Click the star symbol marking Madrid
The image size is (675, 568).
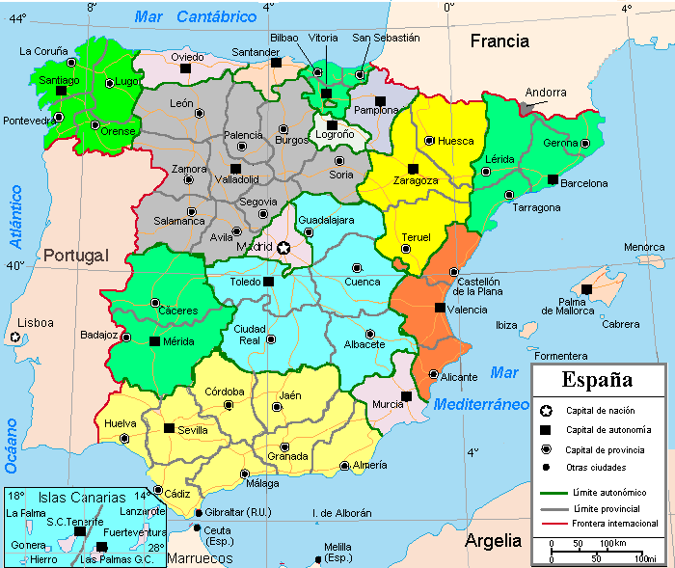tap(283, 248)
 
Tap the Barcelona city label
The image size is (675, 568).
tap(584, 183)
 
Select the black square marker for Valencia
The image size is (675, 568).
tap(440, 309)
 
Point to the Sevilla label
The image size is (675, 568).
tap(193, 430)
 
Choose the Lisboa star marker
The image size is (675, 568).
tap(14, 338)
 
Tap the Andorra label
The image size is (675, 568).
tap(545, 94)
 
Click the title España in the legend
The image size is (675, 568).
tap(598, 379)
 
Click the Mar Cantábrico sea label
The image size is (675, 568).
tap(196, 16)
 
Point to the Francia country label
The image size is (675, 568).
tap(499, 41)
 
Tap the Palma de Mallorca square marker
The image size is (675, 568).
tap(586, 289)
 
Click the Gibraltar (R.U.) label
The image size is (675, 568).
tap(239, 512)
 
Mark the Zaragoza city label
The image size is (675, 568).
tap(416, 180)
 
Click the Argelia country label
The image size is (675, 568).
tap(494, 541)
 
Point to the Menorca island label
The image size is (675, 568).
tap(644, 248)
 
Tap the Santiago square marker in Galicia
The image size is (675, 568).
tap(62, 91)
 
